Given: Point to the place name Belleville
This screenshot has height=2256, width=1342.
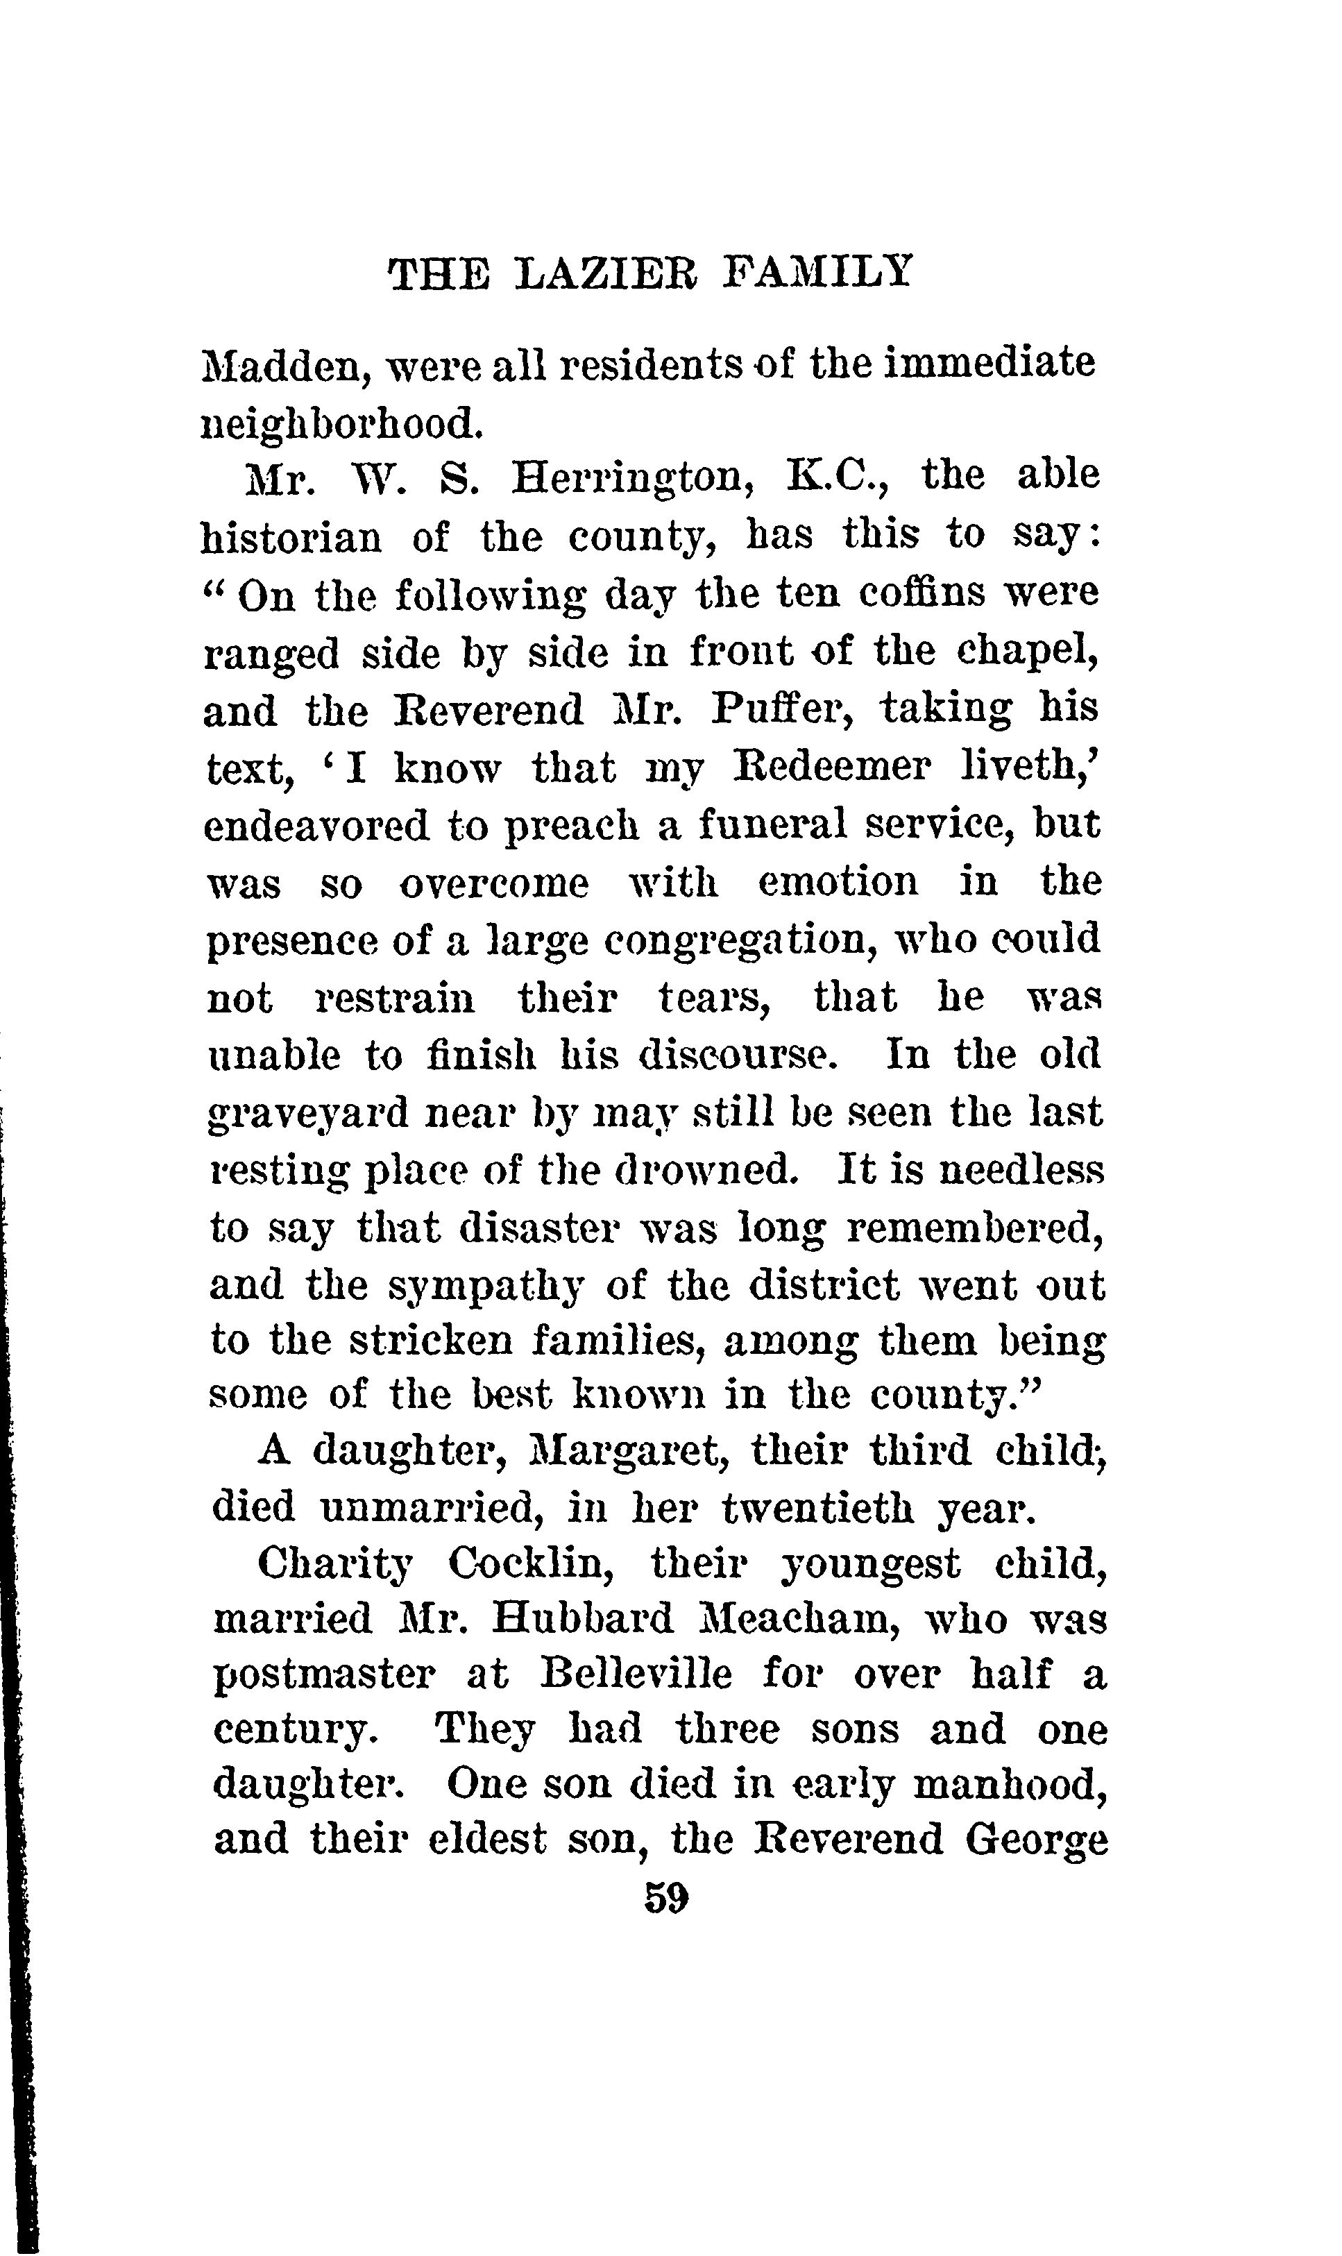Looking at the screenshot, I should coord(636,1674).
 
